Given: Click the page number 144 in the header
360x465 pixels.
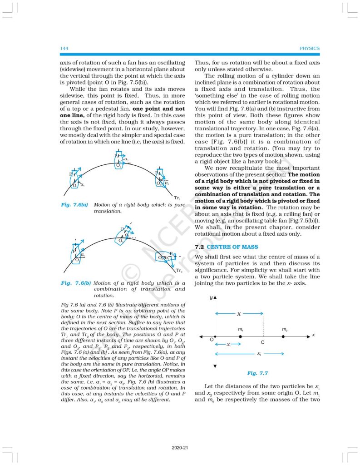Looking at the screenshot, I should pos(64,48).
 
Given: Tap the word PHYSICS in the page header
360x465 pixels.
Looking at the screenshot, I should pos(310,48).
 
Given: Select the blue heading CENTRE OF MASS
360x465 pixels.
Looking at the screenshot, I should pos(232,247).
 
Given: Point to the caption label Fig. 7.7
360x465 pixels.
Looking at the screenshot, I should pos(257,373).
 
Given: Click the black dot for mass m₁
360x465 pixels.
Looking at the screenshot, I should pos(240,336).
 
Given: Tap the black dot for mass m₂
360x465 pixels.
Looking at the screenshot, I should pos(283,336).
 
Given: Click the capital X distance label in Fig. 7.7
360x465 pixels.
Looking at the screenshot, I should pos(239,314).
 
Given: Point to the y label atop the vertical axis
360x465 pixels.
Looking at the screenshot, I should pos(211,297).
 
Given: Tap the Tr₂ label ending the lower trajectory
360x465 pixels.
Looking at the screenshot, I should pos(179,271).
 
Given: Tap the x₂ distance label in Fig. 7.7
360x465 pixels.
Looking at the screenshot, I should pos(259,353).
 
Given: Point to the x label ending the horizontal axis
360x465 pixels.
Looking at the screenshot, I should pos(313,335).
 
